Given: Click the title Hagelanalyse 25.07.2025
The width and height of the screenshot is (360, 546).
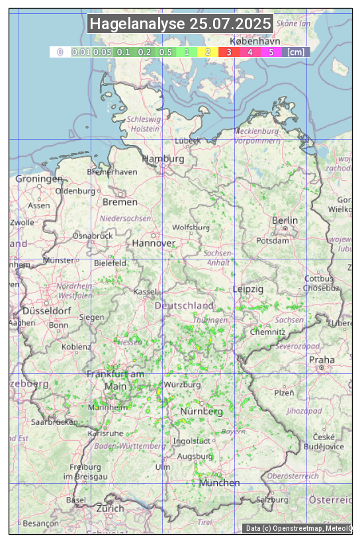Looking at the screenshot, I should point(180,24).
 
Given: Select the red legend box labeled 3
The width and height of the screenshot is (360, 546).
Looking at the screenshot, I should point(228,52).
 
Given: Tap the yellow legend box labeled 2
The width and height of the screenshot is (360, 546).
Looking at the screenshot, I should point(208,52).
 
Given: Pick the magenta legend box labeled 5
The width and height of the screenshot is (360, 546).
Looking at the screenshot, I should point(271,52).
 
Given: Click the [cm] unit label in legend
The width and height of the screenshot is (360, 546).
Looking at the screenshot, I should point(296,52).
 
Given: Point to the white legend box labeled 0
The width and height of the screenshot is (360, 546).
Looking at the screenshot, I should point(60,52).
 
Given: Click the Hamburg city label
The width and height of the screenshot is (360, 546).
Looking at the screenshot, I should point(163,159).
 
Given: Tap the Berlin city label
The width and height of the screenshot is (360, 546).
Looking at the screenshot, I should point(285,220).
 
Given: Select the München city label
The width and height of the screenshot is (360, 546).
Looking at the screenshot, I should point(220,483).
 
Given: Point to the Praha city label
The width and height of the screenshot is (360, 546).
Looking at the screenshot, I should point(322,360).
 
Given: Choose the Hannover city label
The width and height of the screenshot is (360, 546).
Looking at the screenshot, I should point(154,244).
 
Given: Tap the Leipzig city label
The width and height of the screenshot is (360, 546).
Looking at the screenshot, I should point(248,289).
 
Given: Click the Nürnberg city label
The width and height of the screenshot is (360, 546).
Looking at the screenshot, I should point(202,412).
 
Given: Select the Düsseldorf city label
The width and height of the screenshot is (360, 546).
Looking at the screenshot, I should point(46,311).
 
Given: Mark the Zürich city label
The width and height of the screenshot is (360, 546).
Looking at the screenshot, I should point(110,508).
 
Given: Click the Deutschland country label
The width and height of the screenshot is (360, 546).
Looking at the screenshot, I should point(184,306).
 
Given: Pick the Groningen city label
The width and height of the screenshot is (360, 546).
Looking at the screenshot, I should point(39,179).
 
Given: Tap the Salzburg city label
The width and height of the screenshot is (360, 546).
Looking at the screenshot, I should point(272,499).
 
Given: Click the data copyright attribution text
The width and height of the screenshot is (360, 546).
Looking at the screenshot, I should point(298,528).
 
